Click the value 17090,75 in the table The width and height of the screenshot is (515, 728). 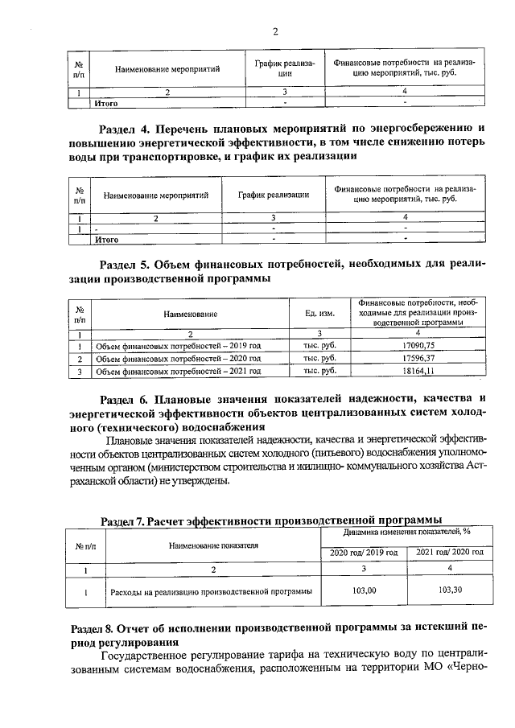pyautogui.click(x=418, y=345)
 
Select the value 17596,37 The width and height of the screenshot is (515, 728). pyautogui.click(x=418, y=358)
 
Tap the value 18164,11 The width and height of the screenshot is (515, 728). pyautogui.click(x=418, y=371)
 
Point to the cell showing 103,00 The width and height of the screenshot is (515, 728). pyautogui.click(x=364, y=590)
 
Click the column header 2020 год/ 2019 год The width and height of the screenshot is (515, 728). pyautogui.click(x=364, y=552)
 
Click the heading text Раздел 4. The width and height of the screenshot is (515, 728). pyautogui.click(x=124, y=129)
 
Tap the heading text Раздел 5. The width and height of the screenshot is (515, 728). pyautogui.click(x=124, y=265)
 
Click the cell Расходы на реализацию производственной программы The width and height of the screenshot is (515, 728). pyautogui.click(x=210, y=591)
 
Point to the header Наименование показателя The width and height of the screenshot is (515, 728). pyautogui.click(x=213, y=545)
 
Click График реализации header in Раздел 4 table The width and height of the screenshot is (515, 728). pyautogui.click(x=274, y=195)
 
